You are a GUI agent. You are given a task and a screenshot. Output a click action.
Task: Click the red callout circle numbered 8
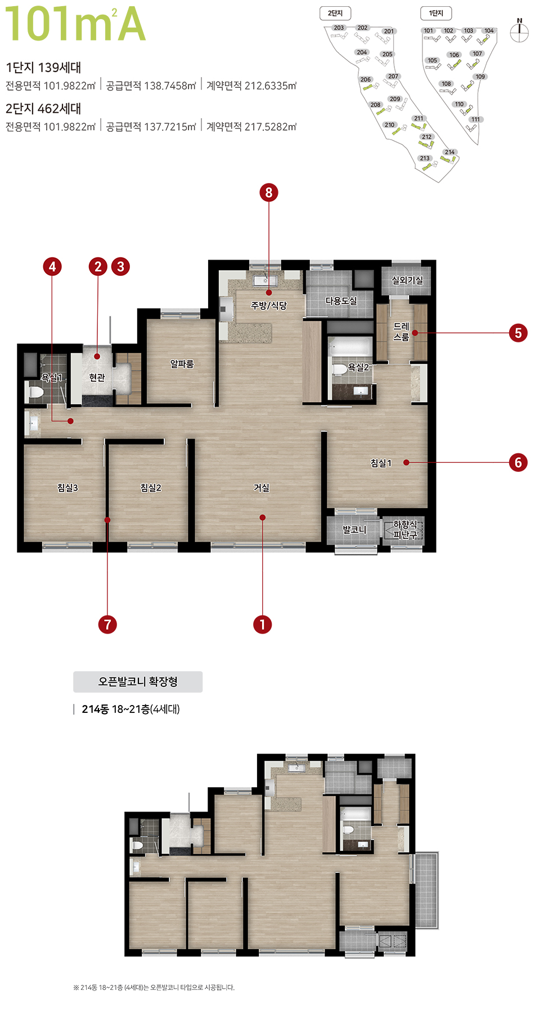(x=269, y=193)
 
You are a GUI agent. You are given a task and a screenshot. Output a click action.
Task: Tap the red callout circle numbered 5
(x=518, y=333)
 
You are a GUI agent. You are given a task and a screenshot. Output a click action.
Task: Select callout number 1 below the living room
(x=262, y=624)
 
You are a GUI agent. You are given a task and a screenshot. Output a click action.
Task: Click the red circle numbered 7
(x=107, y=624)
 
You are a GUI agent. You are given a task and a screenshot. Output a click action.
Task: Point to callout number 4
(x=52, y=266)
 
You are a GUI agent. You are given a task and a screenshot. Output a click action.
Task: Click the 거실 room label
(x=262, y=488)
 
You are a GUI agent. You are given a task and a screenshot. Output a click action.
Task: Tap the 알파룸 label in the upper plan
(x=182, y=364)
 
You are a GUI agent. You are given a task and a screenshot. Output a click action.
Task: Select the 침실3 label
(x=68, y=488)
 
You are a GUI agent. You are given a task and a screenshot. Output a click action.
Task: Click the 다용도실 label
(x=341, y=301)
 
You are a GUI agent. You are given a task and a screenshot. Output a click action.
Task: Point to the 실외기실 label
(x=407, y=280)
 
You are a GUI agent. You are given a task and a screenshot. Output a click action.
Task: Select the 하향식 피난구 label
(x=405, y=529)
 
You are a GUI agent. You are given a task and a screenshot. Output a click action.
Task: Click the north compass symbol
(x=519, y=32)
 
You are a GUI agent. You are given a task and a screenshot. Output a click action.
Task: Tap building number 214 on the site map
(x=449, y=152)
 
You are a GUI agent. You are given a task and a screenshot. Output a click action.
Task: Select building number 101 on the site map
(x=429, y=31)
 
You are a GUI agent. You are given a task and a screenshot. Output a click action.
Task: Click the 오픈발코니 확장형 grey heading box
(x=138, y=681)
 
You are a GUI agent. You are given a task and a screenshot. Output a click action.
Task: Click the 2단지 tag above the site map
(x=335, y=13)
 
